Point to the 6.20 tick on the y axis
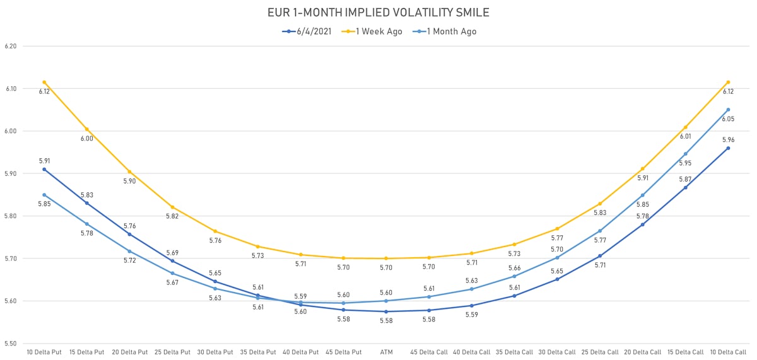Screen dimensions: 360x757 (x=10, y=46)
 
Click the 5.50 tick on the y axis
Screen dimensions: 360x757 (x=10, y=344)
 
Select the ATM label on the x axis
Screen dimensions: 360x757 (x=386, y=352)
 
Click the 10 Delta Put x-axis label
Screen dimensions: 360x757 (x=44, y=352)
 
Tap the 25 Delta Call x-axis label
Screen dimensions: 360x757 (x=600, y=352)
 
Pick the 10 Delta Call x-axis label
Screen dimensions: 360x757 (x=728, y=352)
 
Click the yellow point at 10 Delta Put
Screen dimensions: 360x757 (x=44, y=82)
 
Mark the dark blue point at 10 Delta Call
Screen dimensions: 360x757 (x=728, y=148)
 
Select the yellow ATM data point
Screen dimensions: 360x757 (x=386, y=258)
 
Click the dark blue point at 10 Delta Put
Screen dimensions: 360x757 (x=44, y=169)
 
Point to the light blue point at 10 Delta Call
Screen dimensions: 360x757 (x=728, y=110)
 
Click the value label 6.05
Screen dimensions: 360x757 (x=727, y=119)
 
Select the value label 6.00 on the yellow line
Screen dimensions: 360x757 (x=87, y=139)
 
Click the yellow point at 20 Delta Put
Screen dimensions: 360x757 (x=130, y=171)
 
